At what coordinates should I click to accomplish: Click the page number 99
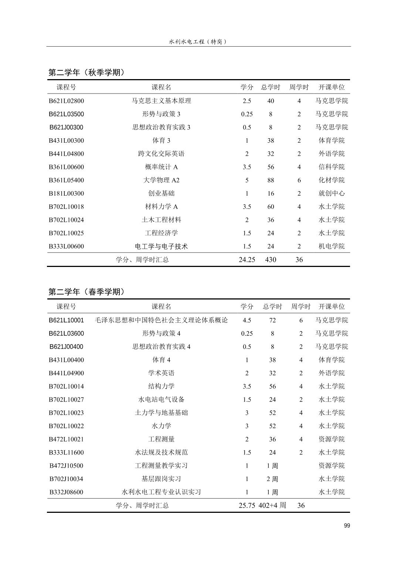pyautogui.click(x=346, y=525)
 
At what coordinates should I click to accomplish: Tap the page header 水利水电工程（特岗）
pyautogui.click(x=198, y=42)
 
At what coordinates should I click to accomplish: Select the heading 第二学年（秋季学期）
pyautogui.click(x=87, y=72)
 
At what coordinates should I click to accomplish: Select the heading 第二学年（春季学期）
pyautogui.click(x=87, y=292)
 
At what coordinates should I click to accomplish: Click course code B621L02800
pyautogui.click(x=67, y=101)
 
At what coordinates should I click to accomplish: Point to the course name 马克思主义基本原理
pyautogui.click(x=162, y=101)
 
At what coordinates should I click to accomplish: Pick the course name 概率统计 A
pyautogui.click(x=162, y=167)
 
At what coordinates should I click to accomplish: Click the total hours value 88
pyautogui.click(x=271, y=180)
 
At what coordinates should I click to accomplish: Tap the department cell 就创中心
pyautogui.click(x=332, y=193)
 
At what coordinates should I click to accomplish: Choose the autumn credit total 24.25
pyautogui.click(x=247, y=260)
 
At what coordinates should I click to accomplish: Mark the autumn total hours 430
pyautogui.click(x=271, y=260)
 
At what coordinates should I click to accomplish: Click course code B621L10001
pyautogui.click(x=67, y=320)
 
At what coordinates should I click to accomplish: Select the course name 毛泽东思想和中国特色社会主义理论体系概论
pyautogui.click(x=162, y=320)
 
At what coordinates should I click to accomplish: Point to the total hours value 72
pyautogui.click(x=272, y=320)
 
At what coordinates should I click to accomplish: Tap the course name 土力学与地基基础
pyautogui.click(x=162, y=413)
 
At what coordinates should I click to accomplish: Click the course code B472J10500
pyautogui.click(x=67, y=466)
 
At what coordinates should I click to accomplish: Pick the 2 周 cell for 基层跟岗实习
pyautogui.click(x=272, y=479)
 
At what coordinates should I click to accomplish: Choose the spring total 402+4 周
pyautogui.click(x=272, y=505)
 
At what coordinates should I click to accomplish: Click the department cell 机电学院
pyautogui.click(x=332, y=246)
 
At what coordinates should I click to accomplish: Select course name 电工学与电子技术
pyautogui.click(x=162, y=246)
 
